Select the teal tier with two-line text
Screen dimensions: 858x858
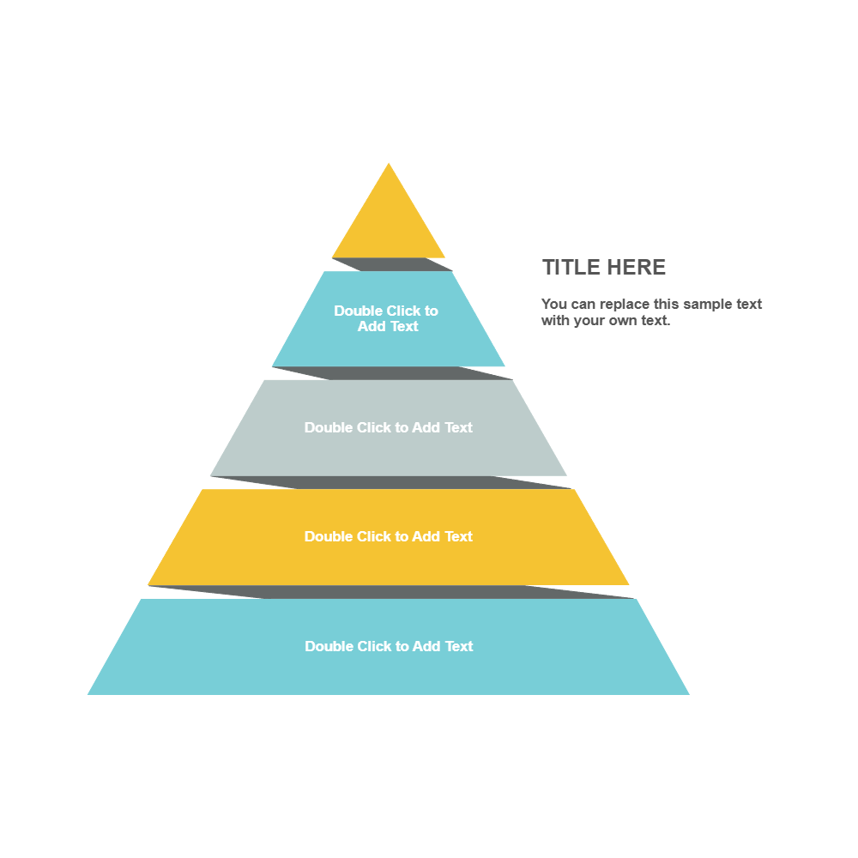pyautogui.click(x=389, y=343)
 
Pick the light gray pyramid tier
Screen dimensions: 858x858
pyautogui.click(x=389, y=450)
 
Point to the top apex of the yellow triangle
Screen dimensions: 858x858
pyautogui.click(x=389, y=164)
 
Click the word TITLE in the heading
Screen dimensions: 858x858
pyautogui.click(x=571, y=267)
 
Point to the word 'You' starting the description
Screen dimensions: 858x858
pyautogui.click(x=553, y=304)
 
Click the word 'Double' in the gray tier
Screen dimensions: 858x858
pyautogui.click(x=328, y=427)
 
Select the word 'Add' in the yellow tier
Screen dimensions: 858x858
pyautogui.click(x=426, y=536)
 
